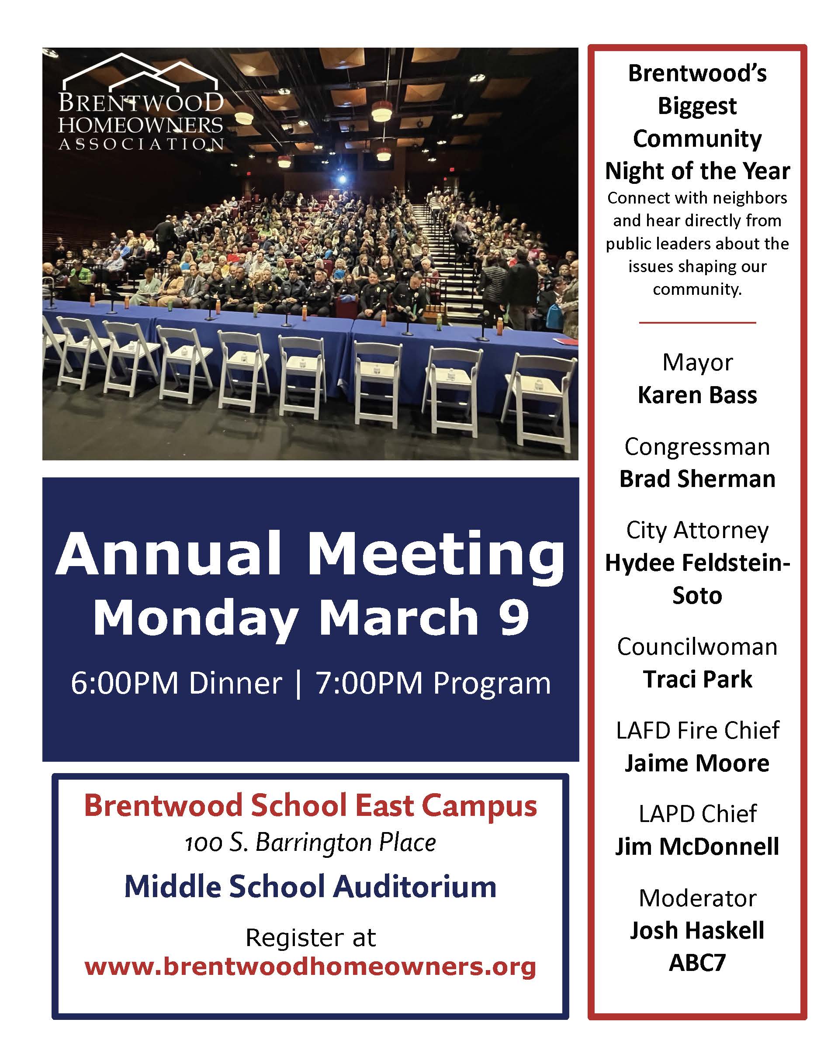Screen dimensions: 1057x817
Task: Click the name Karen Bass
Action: [697, 395]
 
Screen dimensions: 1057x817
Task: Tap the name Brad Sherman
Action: [697, 479]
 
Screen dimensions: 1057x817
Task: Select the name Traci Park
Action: [697, 679]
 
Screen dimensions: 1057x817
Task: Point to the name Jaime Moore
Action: [697, 763]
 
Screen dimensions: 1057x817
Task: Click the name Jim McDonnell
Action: [697, 846]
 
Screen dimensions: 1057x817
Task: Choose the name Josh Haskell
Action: [697, 930]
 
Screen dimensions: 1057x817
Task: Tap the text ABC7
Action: [697, 963]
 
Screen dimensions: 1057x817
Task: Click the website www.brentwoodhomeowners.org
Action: [310, 967]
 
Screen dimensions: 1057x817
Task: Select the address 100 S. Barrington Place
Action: [310, 843]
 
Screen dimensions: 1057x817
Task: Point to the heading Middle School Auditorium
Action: [310, 887]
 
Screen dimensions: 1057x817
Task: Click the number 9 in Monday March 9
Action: [514, 617]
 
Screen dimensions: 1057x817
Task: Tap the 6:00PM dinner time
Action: [176, 684]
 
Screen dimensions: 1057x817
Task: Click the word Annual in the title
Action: [169, 553]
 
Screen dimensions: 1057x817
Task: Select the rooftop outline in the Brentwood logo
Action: [140, 73]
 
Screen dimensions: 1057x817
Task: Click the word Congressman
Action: [697, 446]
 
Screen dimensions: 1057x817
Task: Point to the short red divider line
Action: [697, 322]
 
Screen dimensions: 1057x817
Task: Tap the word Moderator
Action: [697, 898]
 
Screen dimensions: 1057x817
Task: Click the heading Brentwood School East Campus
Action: [310, 806]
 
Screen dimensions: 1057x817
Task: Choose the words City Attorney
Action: [697, 530]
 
